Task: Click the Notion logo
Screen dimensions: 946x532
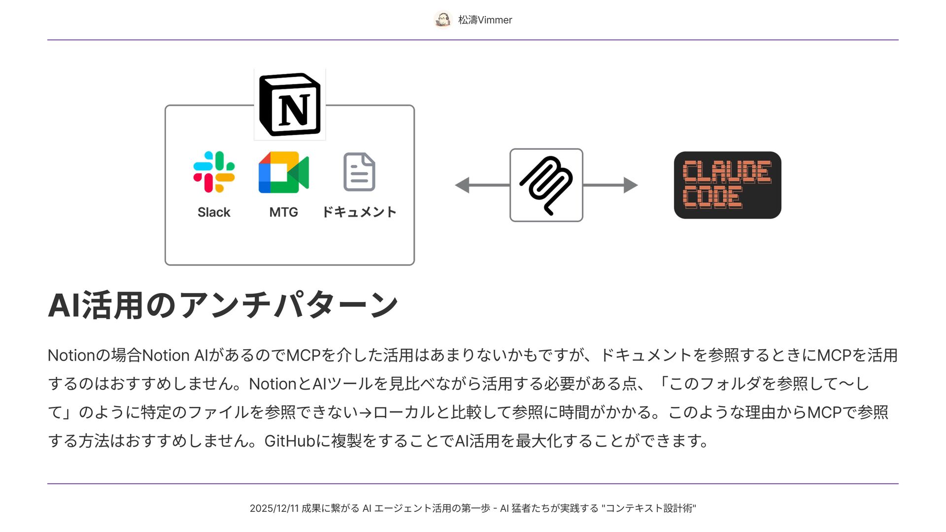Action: (290, 105)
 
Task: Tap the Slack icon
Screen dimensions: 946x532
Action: (214, 172)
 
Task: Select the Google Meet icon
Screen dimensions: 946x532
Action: (283, 172)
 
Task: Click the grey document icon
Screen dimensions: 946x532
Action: (359, 172)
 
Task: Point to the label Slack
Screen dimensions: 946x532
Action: (214, 212)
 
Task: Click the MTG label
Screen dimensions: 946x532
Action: (283, 212)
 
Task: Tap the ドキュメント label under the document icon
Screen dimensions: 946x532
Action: (359, 212)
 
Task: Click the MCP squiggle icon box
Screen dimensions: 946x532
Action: (546, 185)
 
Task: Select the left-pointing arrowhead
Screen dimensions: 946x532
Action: (462, 185)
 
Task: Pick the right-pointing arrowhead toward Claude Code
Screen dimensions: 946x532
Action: (630, 185)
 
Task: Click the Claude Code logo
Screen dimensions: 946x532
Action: (727, 185)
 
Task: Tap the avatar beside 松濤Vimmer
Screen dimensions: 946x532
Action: (443, 20)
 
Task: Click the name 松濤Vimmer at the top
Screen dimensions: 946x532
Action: (485, 20)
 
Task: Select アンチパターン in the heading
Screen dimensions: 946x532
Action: (288, 305)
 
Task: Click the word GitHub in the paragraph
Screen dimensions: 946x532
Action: (290, 441)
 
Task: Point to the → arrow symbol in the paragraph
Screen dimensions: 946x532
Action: (365, 413)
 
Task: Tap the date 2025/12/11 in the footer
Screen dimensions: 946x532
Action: (274, 508)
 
